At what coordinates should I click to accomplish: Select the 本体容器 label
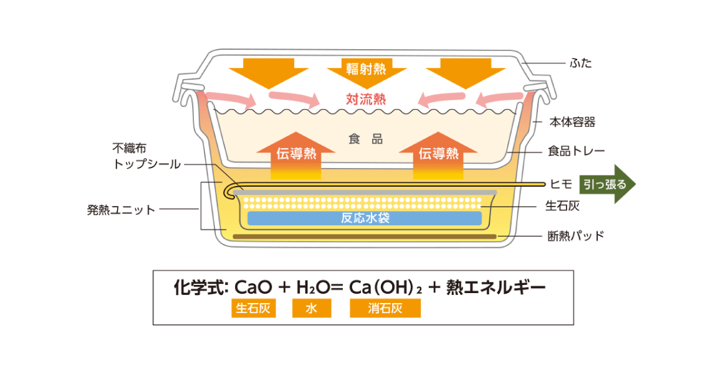(x=572, y=122)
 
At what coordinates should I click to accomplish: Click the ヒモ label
(x=557, y=184)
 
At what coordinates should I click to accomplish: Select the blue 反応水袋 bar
(x=365, y=218)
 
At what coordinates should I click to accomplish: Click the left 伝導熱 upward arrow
(x=295, y=154)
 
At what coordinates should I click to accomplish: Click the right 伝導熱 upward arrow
(x=438, y=154)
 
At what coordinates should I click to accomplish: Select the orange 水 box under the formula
(x=312, y=309)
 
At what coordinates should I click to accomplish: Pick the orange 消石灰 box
(x=385, y=309)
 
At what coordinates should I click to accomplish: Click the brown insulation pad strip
(x=365, y=236)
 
